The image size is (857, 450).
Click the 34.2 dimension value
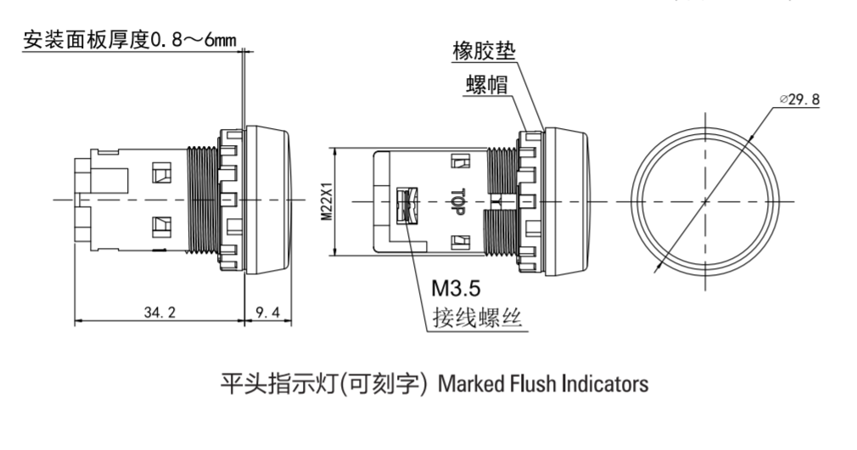pyautogui.click(x=160, y=312)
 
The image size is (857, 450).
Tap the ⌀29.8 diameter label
pyautogui.click(x=798, y=99)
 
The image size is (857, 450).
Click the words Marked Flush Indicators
pyautogui.click(x=543, y=384)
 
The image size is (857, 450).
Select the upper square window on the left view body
pyautogui.click(x=159, y=173)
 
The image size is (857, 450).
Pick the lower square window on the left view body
pyautogui.click(x=159, y=227)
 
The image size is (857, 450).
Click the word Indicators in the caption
pyautogui.click(x=605, y=384)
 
